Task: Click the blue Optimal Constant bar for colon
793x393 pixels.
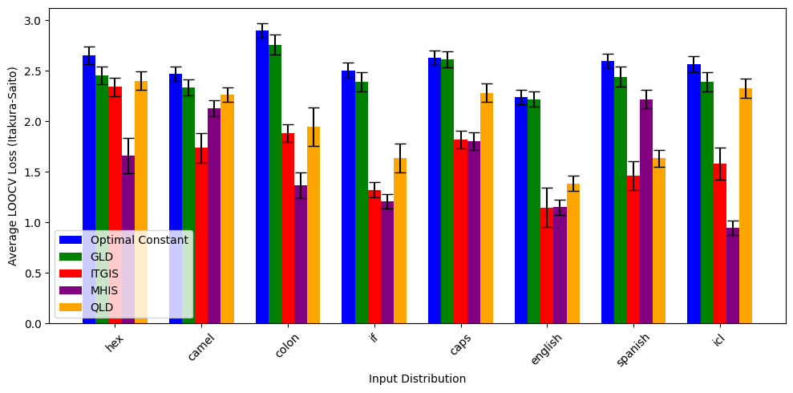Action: coord(262,176)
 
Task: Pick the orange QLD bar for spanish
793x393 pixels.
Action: coord(659,241)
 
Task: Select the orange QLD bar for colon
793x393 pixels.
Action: coord(314,225)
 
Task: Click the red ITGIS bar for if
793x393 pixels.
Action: coord(374,257)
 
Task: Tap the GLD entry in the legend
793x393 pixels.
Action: coord(102,257)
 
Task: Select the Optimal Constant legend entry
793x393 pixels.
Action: coord(139,240)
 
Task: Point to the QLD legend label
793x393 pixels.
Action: coord(102,306)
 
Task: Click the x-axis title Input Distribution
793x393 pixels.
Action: coord(417,379)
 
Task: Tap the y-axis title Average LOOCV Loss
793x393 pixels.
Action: coord(13,166)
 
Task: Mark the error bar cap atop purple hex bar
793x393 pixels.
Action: coord(128,138)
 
